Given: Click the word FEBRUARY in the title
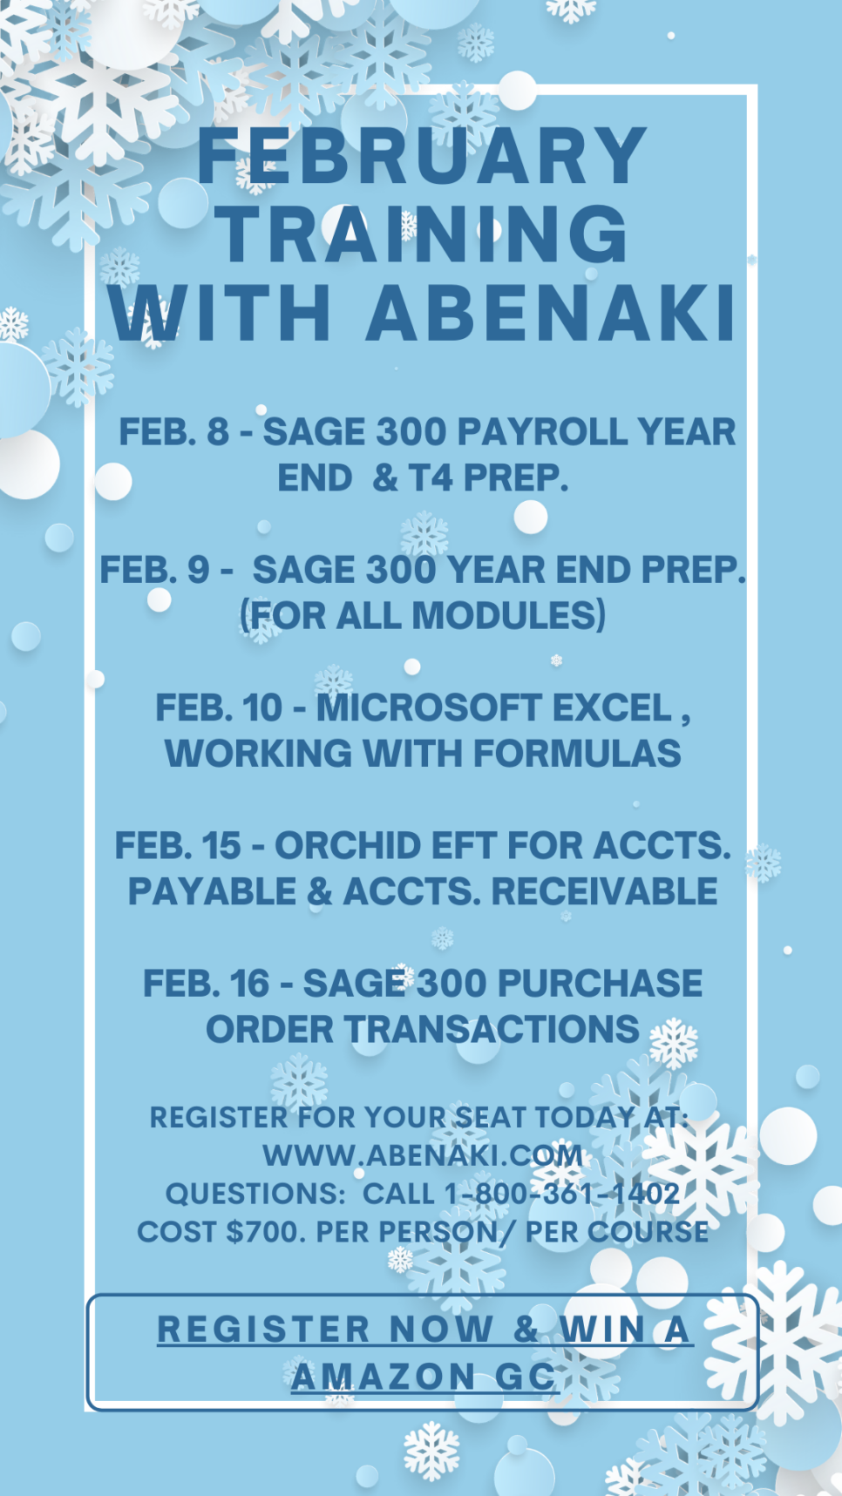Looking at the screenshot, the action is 422,157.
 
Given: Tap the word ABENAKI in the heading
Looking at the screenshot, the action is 551,312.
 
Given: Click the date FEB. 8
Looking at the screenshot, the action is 173,432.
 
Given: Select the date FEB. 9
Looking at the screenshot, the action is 154,570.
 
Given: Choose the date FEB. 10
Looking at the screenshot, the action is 219,708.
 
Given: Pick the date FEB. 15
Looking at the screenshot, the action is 178,846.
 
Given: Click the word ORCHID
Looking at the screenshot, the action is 348,846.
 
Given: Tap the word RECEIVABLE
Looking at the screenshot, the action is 604,891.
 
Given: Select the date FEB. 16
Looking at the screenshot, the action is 207,984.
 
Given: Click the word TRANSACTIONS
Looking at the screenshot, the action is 494,1030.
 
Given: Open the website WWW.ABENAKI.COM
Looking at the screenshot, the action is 423,1155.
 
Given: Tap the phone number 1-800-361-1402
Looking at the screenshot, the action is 562,1194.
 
